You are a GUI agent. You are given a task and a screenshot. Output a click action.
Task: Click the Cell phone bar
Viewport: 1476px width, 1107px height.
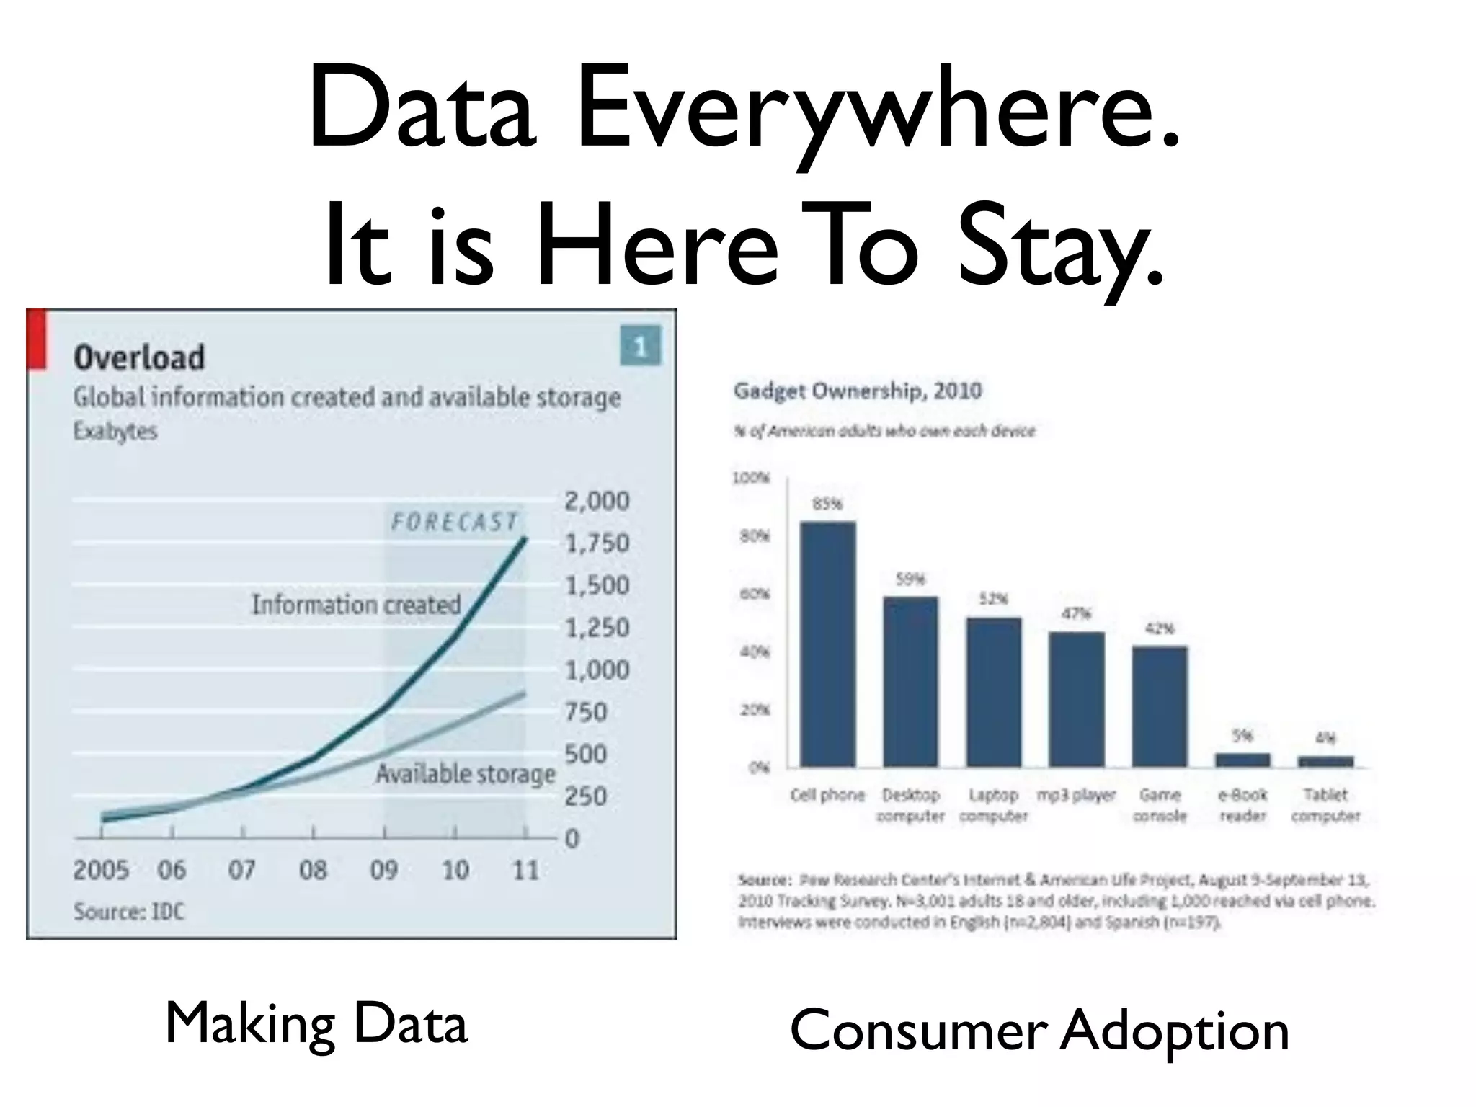click(828, 644)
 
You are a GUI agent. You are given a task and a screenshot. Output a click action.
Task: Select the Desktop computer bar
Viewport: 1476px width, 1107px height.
click(910, 681)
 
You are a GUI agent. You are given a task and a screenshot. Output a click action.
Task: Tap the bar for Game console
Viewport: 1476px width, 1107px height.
click(1160, 706)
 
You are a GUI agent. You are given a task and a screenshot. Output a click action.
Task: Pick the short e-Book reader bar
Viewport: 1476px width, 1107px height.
click(1242, 760)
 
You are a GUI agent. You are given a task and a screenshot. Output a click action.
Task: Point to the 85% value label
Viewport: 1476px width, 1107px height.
click(827, 504)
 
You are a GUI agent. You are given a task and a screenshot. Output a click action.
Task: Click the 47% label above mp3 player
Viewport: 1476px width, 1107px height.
click(1076, 614)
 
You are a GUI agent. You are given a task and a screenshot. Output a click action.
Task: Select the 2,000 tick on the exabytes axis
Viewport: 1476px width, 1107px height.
click(597, 501)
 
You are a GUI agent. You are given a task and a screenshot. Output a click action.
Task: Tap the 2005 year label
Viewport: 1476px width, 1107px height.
click(101, 871)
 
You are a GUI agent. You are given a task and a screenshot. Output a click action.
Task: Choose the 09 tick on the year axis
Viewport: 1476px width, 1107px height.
click(384, 871)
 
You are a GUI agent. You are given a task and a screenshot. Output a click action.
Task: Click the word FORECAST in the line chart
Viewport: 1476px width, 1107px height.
click(454, 522)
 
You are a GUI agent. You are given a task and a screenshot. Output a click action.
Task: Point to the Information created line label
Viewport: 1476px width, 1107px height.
click(356, 604)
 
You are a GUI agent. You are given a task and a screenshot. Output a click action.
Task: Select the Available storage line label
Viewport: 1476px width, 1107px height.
click(466, 774)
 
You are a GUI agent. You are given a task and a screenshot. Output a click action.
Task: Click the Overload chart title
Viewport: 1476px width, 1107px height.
click(139, 357)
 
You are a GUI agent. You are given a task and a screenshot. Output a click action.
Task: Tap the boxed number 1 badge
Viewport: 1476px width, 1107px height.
click(640, 347)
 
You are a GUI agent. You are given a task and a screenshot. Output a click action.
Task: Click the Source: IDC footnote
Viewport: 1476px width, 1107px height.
click(129, 912)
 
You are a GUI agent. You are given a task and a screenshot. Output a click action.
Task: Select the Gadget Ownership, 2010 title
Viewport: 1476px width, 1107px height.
click(858, 391)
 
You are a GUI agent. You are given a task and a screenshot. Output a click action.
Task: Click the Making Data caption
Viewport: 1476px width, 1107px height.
click(316, 1023)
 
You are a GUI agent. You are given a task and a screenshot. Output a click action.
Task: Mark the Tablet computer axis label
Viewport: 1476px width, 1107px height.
click(1325, 805)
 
